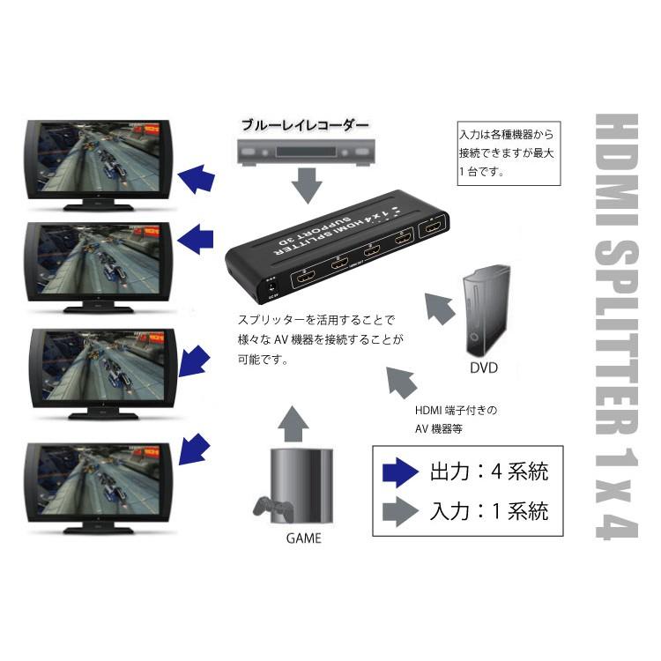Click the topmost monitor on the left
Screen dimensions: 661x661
coord(96,163)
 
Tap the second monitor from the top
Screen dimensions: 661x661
coord(96,264)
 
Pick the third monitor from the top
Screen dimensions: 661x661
coord(96,370)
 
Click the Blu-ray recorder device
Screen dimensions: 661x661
coord(307,151)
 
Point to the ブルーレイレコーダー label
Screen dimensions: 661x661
coord(305,125)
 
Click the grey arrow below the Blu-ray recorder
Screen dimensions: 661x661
coord(307,186)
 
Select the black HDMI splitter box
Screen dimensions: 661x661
coord(339,246)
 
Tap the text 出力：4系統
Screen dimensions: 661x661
coord(489,472)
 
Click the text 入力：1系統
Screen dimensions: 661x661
coord(489,510)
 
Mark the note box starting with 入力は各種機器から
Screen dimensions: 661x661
coord(509,152)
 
